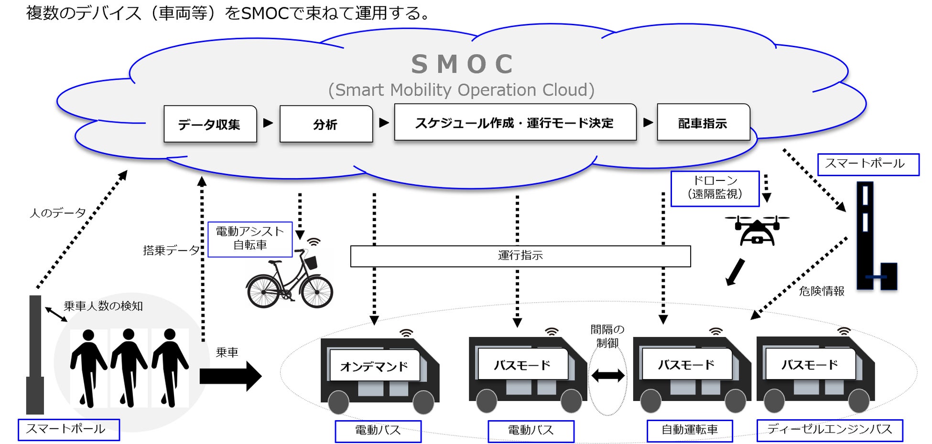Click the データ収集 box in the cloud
point(210,124)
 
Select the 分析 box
point(326,124)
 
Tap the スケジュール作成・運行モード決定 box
point(515,123)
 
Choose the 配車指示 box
point(703,123)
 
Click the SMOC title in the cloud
point(462,64)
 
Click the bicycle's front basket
point(311,262)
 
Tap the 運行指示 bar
point(520,256)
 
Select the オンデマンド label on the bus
point(374,366)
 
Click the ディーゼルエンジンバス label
point(830,430)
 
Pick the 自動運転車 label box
point(689,430)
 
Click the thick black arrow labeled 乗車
point(230,376)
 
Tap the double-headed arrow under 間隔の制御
point(607,376)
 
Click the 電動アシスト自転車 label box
point(250,239)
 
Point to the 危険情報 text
point(822,291)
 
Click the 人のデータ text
point(58,213)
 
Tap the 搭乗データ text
point(171,250)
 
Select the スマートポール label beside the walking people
point(68,429)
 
